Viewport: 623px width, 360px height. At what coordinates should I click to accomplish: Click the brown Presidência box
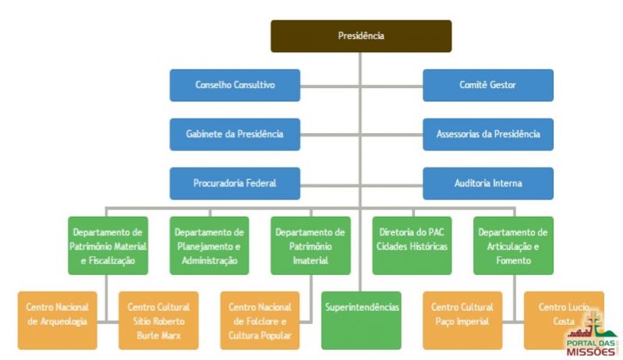pos(360,36)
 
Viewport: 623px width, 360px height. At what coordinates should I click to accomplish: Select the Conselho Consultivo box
pos(235,85)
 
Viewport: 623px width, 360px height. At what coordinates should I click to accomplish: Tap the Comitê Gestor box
pos(487,85)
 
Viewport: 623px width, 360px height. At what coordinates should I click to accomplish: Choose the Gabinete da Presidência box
pos(235,134)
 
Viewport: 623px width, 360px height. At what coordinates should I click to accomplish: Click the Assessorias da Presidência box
pos(487,134)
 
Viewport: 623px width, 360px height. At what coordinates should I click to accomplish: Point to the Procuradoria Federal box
pos(235,183)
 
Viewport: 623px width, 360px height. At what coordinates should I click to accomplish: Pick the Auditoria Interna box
pos(487,183)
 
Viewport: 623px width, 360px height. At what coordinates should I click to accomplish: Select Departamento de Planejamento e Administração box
pos(209,245)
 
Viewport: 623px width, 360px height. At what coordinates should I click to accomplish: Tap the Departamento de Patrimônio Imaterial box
pos(310,245)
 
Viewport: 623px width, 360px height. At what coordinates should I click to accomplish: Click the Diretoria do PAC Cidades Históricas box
pos(412,245)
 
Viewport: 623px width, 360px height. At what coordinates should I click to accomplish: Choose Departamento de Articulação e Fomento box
pos(512,245)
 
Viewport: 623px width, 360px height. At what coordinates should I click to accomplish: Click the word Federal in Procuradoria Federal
pos(261,183)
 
